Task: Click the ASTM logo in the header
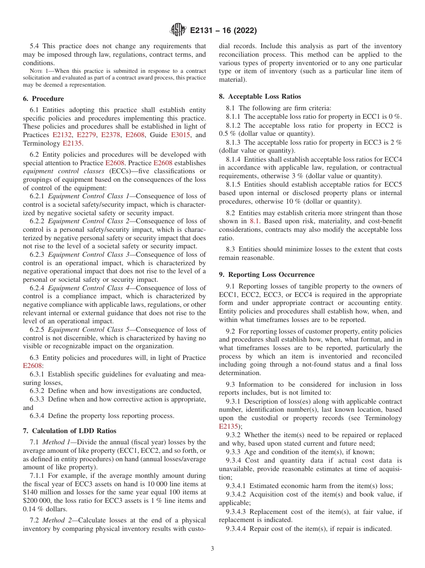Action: [178, 30]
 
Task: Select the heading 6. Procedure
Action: [43, 99]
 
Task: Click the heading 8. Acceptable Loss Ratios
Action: [260, 96]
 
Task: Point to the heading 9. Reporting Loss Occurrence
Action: [267, 275]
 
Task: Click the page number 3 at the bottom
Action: [212, 548]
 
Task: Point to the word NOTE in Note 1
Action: [36, 71]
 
